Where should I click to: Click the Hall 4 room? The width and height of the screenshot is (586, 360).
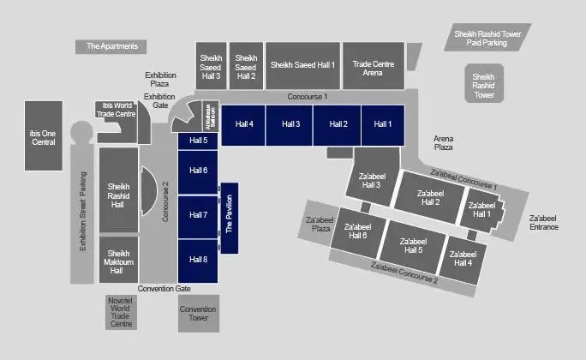(244, 125)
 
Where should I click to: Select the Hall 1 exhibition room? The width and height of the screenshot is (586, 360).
(382, 125)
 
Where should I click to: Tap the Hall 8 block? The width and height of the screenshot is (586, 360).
(199, 261)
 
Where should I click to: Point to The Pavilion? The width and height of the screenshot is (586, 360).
(229, 218)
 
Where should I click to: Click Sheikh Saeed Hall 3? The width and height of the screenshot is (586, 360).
(212, 64)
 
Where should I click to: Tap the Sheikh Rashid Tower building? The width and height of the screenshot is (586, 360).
(484, 87)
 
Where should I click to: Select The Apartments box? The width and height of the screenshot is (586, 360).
(112, 46)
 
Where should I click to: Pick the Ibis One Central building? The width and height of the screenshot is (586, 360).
(43, 136)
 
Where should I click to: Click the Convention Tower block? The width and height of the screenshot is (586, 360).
(199, 314)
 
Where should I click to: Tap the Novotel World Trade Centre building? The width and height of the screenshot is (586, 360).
(121, 313)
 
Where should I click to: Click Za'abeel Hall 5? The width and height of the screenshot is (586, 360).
(414, 245)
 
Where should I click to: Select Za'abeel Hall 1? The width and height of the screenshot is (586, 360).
(482, 211)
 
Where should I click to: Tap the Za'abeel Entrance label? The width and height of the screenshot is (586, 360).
(543, 223)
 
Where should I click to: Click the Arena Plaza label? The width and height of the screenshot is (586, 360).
(443, 143)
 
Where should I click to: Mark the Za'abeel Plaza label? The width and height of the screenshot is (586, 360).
(320, 225)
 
